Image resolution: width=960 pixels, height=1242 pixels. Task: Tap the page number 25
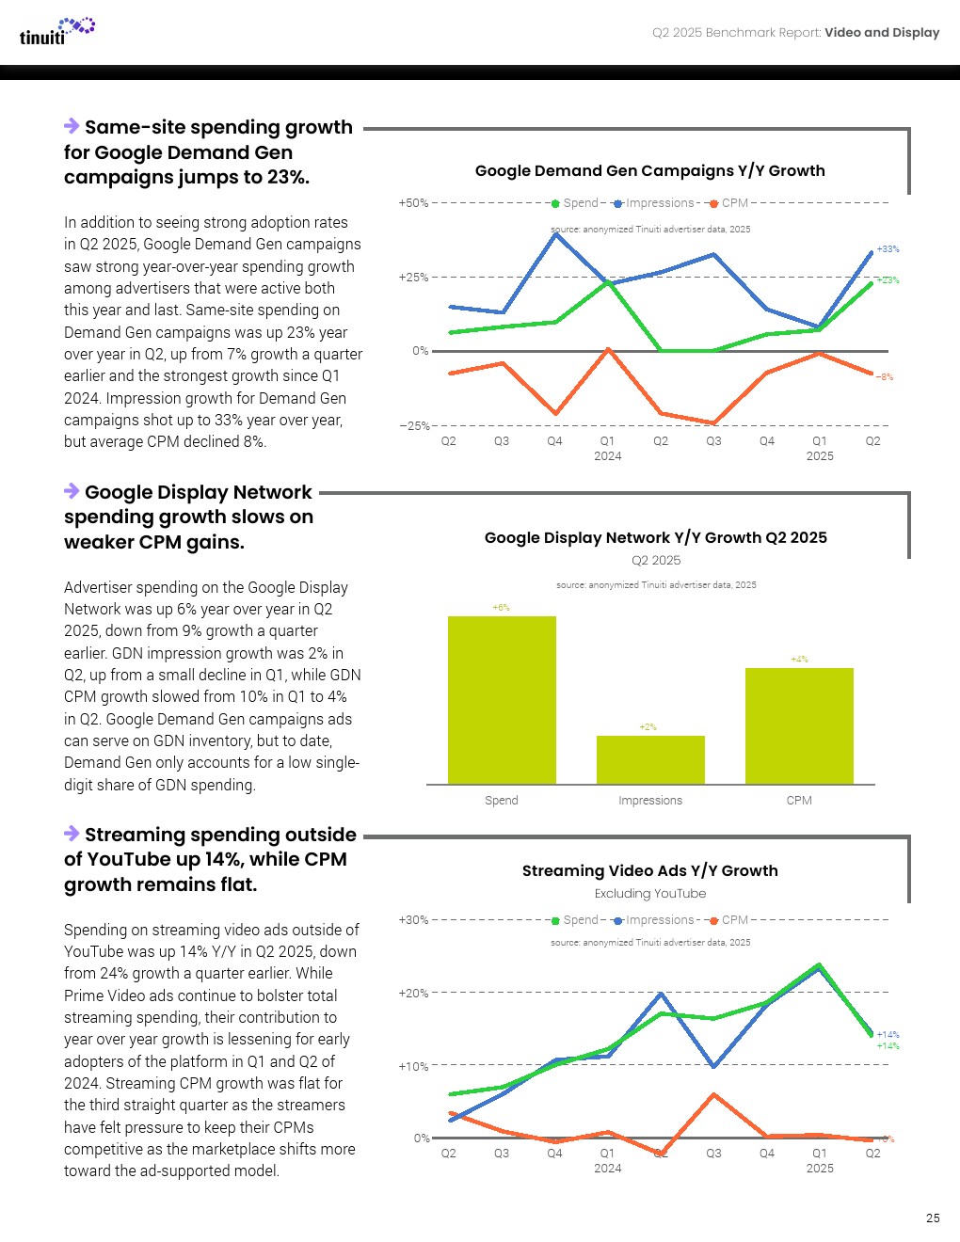[x=933, y=1218]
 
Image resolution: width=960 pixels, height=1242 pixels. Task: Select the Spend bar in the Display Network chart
[x=502, y=700]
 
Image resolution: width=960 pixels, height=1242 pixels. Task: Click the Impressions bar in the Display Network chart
[x=650, y=759]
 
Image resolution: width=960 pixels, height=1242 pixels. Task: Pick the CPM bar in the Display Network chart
[x=799, y=725]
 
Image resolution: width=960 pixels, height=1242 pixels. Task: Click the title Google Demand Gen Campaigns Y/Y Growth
[x=649, y=170]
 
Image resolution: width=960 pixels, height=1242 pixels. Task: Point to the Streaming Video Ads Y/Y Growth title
[x=649, y=870]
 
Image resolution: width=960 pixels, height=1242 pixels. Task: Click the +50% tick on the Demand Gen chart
[x=413, y=202]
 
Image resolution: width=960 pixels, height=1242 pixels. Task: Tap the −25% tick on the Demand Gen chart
[x=414, y=425]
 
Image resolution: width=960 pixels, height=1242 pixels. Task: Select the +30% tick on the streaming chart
[x=413, y=919]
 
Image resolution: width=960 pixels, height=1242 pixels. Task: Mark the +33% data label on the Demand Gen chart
[x=888, y=249]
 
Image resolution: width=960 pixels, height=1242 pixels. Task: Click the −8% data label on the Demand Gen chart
[x=885, y=377]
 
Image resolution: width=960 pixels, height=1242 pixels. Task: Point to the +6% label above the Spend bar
[x=502, y=608]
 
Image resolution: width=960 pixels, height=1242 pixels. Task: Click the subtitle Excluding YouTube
[x=649, y=893]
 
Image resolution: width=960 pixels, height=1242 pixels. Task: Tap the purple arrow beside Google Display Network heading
[x=72, y=490]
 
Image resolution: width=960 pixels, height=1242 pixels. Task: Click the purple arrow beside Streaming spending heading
[x=72, y=833]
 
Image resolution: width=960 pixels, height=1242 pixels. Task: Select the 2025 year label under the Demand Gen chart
[x=819, y=455]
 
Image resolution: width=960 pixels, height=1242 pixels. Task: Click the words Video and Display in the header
[x=882, y=32]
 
